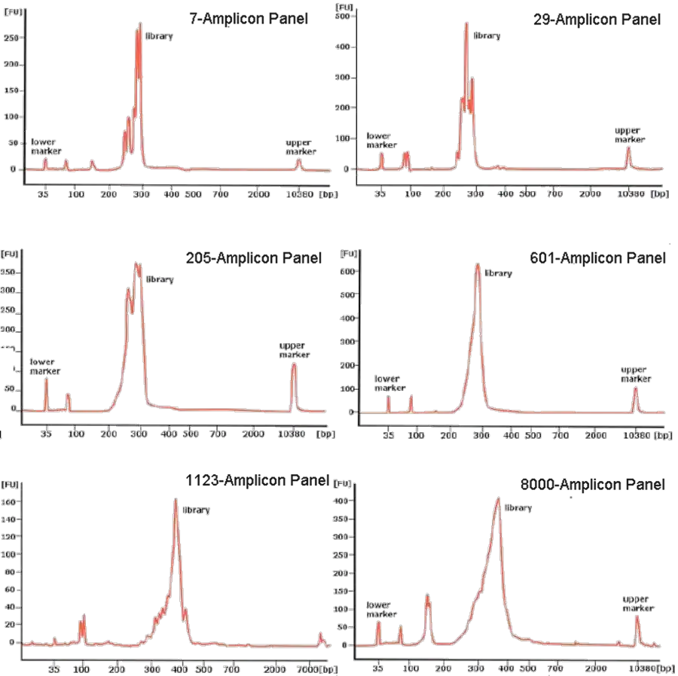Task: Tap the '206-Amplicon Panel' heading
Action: [x=258, y=258]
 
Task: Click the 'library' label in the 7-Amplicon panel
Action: [x=159, y=35]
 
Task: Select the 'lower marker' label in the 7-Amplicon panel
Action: [x=44, y=147]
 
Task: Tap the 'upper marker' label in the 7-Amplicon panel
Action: [x=301, y=146]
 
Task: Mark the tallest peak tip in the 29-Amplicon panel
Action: [x=467, y=23]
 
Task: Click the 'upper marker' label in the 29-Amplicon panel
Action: [x=631, y=135]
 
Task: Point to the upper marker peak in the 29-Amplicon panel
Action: [x=628, y=148]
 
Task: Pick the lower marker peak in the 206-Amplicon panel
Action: [x=46, y=379]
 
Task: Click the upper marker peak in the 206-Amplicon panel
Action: [x=294, y=364]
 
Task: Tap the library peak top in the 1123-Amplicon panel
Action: [x=176, y=498]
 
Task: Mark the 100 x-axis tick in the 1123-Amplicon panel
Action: [x=82, y=667]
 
